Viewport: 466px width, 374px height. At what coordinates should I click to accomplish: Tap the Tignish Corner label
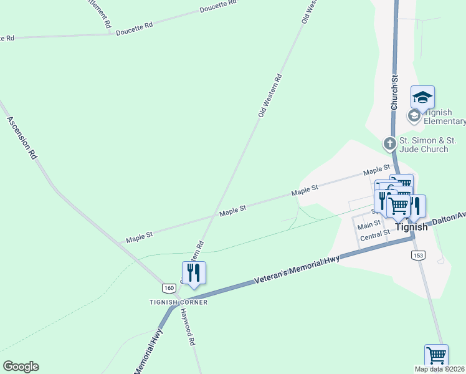tap(178, 302)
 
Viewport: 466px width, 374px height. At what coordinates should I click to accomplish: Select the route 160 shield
tap(168, 288)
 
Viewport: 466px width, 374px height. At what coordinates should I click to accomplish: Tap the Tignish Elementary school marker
tap(422, 97)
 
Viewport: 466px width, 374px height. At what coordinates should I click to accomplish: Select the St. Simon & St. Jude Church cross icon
tap(389, 144)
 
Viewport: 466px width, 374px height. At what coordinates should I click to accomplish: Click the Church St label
tap(394, 94)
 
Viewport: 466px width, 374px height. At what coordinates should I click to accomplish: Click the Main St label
tap(369, 224)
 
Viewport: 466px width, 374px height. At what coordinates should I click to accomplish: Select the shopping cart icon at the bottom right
tap(436, 355)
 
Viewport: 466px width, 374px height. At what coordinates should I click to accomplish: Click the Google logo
tap(21, 367)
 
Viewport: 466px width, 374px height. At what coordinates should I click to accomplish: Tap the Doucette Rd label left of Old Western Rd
tap(134, 27)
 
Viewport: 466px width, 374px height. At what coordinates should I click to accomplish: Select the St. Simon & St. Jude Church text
tap(424, 145)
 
